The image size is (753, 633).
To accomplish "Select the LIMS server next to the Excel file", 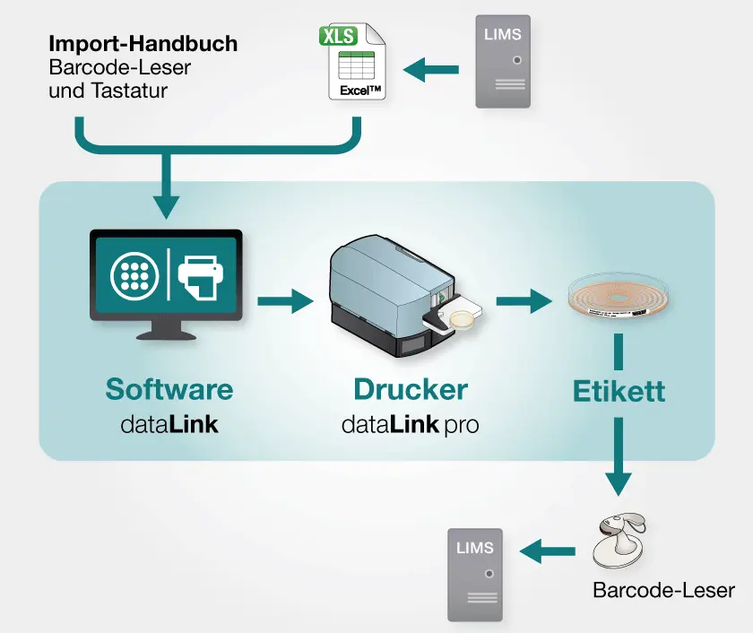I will click(x=502, y=62).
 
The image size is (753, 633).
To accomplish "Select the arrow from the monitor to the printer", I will click(x=285, y=301).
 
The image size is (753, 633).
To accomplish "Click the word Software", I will click(x=169, y=389).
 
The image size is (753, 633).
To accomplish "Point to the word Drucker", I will click(x=410, y=389).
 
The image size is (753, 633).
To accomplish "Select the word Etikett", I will click(x=619, y=392).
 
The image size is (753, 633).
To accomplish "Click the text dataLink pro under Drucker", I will click(x=410, y=424).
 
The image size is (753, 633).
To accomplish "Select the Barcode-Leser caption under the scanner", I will click(x=663, y=590).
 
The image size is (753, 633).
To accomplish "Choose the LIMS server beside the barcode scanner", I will click(x=475, y=574).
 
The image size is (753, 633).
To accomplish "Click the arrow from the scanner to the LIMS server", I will click(x=549, y=551).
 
